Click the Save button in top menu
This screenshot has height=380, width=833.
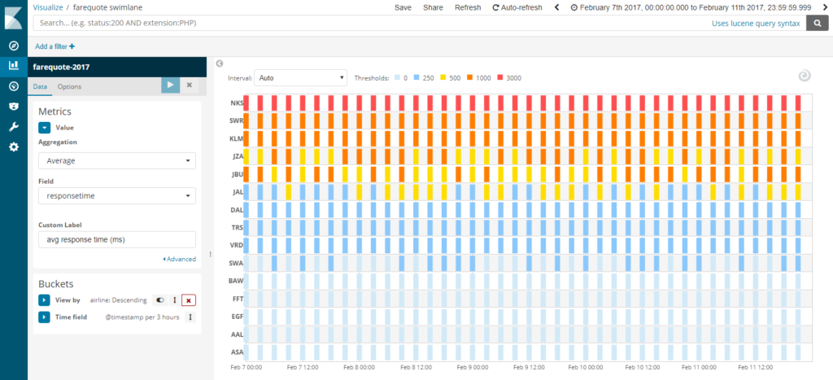[x=403, y=7]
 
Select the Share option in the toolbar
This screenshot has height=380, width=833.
[x=433, y=7]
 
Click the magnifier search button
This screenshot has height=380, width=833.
[x=816, y=24]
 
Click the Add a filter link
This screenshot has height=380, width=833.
[x=55, y=46]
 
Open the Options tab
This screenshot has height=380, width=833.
[x=69, y=86]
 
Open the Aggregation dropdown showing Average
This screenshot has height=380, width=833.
[x=117, y=160]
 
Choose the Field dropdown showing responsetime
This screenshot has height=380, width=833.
[x=117, y=195]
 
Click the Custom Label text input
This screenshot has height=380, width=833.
[x=117, y=239]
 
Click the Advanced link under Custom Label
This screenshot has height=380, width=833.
[x=180, y=259]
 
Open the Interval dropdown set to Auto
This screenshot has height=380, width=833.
[x=301, y=78]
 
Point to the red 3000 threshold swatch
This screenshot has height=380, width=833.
[x=499, y=78]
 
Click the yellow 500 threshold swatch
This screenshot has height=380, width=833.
[x=443, y=78]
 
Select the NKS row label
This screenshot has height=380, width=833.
[x=237, y=103]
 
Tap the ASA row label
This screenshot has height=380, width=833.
[x=237, y=352]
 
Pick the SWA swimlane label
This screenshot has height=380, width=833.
[x=237, y=263]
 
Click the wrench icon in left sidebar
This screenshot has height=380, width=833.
[x=13, y=126]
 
